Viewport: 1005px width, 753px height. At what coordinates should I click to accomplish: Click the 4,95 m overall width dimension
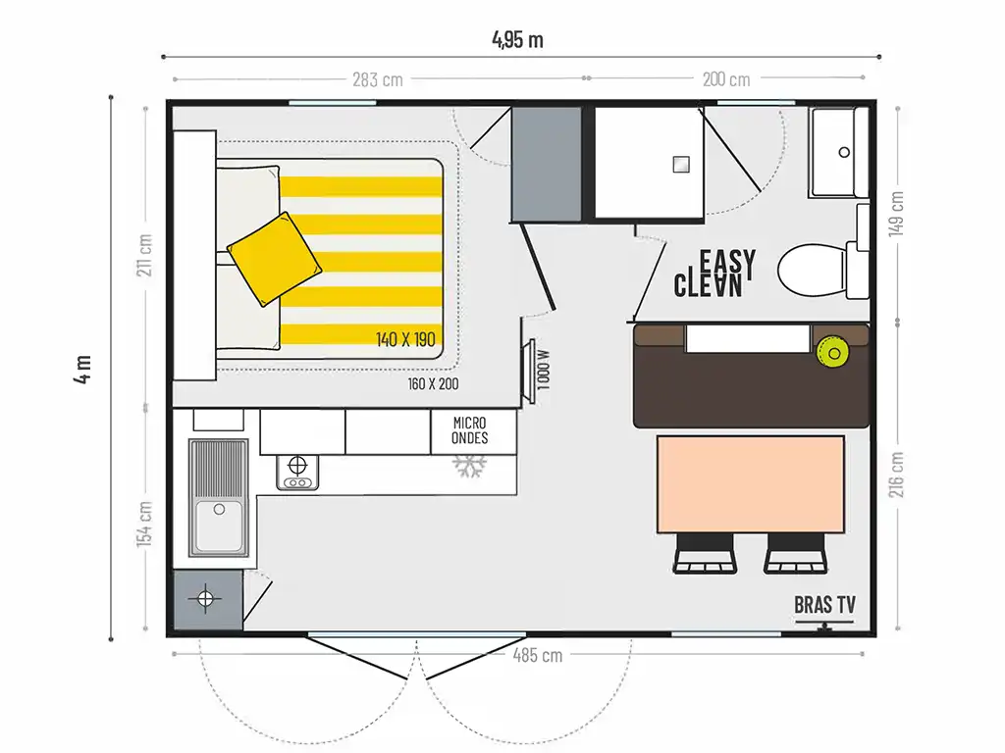tap(518, 39)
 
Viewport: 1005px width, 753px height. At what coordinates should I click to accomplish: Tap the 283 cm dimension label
tap(378, 79)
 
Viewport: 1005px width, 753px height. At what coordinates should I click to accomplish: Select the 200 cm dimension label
tap(726, 79)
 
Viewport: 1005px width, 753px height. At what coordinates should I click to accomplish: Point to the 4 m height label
tap(83, 369)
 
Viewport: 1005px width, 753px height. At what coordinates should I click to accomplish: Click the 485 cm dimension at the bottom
tap(538, 655)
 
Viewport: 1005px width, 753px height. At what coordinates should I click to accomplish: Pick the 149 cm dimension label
tap(896, 214)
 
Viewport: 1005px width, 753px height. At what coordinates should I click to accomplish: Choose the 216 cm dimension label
tap(896, 475)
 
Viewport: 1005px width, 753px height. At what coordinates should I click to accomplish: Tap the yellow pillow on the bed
tap(275, 259)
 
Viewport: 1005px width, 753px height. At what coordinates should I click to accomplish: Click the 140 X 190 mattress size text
tap(405, 338)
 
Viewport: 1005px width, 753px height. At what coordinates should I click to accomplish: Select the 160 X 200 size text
tap(433, 383)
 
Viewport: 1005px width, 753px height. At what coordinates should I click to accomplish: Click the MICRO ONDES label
tap(470, 430)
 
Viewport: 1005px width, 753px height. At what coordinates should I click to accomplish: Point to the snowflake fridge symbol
tap(470, 466)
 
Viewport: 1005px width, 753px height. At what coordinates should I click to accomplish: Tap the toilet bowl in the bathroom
tap(812, 271)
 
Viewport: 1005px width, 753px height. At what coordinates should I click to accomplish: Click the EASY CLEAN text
tap(714, 274)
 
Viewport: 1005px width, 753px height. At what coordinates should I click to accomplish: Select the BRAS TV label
tap(824, 604)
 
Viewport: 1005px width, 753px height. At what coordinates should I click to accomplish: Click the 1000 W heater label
tap(544, 370)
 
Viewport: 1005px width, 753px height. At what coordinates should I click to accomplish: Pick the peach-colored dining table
tap(751, 484)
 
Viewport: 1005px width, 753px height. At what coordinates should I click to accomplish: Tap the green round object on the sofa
tap(833, 353)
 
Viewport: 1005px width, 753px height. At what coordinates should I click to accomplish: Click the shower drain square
tap(681, 165)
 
